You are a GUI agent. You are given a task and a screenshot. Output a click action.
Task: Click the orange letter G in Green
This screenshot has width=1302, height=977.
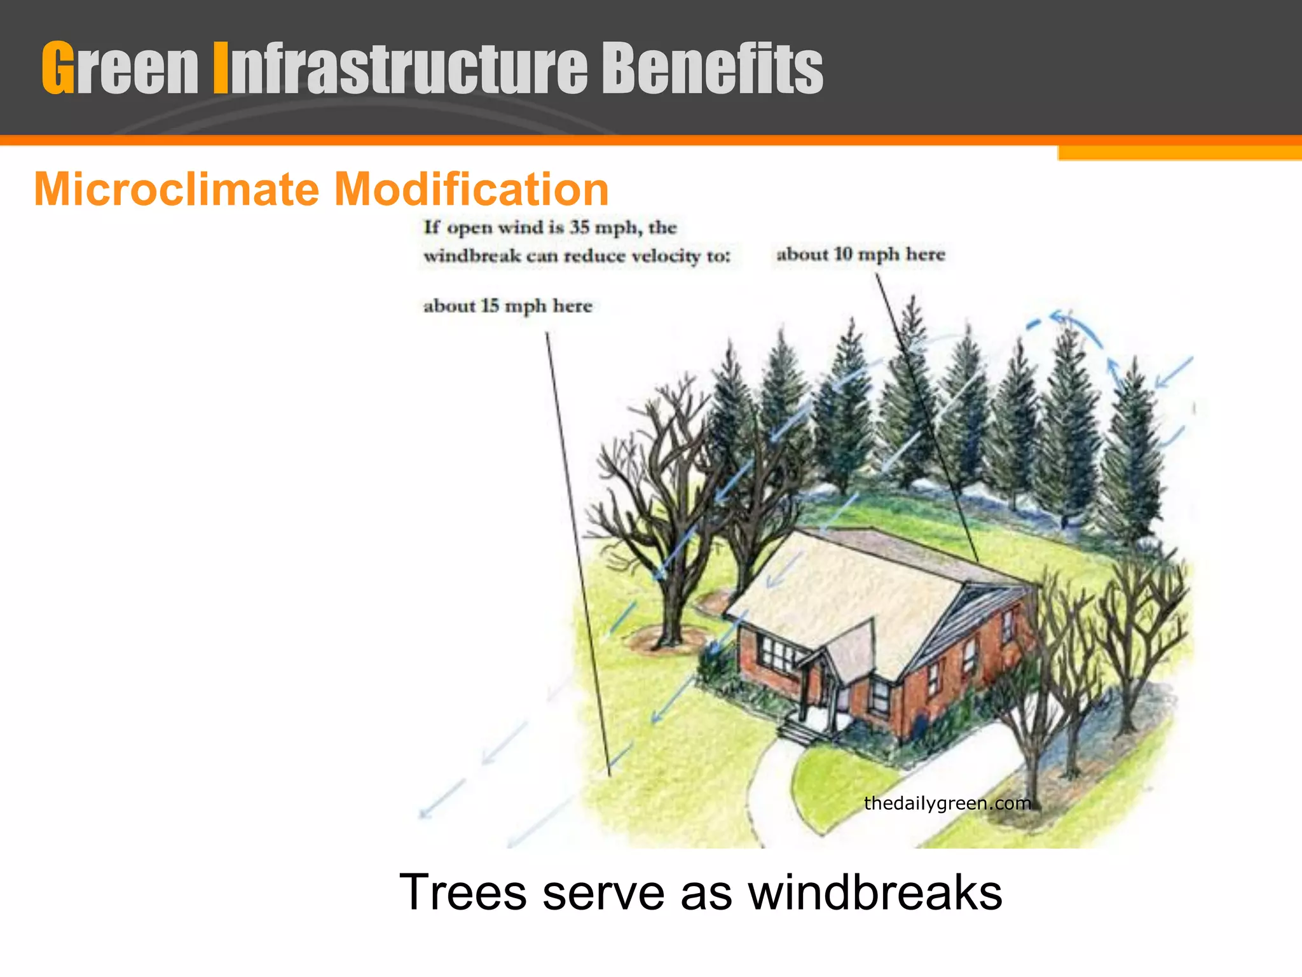click(x=58, y=68)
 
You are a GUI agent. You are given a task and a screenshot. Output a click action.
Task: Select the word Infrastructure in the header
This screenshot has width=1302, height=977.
click(x=401, y=68)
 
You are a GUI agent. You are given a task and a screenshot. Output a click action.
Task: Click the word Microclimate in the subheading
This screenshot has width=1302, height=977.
click(x=177, y=190)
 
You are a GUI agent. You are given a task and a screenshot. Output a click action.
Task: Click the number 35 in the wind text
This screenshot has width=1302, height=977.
click(x=580, y=227)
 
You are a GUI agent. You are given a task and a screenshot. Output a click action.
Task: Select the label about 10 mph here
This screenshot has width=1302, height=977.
click(x=861, y=254)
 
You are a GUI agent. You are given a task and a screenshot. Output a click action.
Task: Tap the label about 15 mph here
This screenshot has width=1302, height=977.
click(x=507, y=306)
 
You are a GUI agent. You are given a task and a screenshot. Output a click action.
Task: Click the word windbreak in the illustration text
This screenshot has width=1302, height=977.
click(x=472, y=256)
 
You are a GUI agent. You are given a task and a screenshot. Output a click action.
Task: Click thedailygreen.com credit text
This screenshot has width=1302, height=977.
click(x=947, y=803)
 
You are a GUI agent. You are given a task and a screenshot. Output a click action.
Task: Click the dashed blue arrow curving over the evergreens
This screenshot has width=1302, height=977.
click(x=1081, y=331)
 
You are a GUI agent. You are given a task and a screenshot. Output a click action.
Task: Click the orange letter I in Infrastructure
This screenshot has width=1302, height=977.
click(x=220, y=68)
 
